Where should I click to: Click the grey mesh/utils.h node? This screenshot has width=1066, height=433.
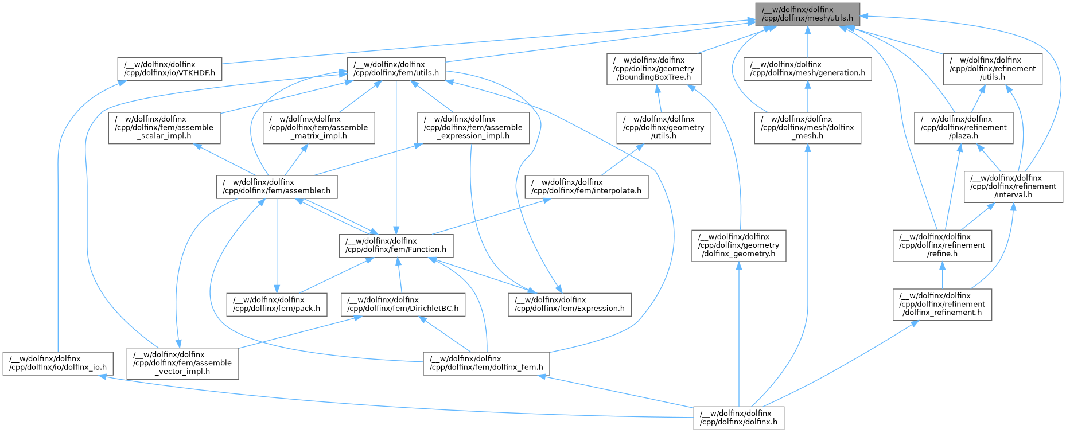(807, 14)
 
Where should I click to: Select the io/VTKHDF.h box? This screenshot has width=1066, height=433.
(169, 68)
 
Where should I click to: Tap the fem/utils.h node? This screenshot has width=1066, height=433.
(396, 68)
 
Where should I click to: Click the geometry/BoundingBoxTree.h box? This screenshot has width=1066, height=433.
(654, 68)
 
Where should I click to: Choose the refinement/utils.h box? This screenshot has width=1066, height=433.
(993, 68)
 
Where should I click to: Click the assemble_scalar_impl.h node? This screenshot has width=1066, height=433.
(164, 127)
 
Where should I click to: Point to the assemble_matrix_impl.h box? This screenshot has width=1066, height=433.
(318, 127)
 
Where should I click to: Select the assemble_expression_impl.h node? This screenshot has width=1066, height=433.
(473, 127)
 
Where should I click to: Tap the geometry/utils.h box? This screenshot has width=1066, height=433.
(664, 127)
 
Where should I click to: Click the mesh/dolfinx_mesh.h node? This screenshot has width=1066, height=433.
(807, 127)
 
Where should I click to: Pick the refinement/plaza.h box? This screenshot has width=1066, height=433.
(963, 127)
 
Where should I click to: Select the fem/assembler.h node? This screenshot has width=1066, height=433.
(277, 186)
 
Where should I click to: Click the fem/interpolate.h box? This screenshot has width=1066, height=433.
(586, 186)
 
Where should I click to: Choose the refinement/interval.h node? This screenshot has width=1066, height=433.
(1013, 186)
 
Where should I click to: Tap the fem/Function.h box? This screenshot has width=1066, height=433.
(396, 245)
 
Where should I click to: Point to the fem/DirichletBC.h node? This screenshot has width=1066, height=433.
(403, 304)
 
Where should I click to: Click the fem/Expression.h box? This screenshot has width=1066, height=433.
(570, 304)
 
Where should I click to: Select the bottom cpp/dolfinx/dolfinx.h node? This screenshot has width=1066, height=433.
(738, 418)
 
